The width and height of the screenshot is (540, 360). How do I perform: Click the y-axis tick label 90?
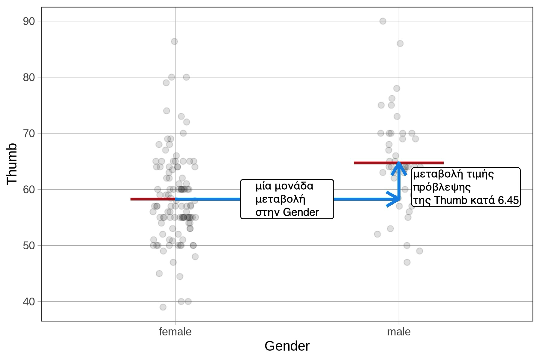pyautogui.click(x=29, y=21)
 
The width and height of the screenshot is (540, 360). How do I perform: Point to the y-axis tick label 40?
pyautogui.click(x=29, y=301)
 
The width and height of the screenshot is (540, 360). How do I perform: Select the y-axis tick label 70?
pyautogui.click(x=29, y=133)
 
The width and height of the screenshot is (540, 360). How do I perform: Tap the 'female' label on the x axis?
pyautogui.click(x=175, y=332)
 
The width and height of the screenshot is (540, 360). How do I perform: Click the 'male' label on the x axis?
pyautogui.click(x=399, y=332)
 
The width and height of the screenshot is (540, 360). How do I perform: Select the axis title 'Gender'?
pyautogui.click(x=287, y=346)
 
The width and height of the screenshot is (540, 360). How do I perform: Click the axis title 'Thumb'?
pyautogui.click(x=12, y=164)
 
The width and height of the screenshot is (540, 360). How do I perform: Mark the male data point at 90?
pyautogui.click(x=383, y=21)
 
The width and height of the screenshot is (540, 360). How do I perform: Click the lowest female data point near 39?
pyautogui.click(x=163, y=307)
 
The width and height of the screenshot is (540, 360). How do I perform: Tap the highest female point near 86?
pyautogui.click(x=174, y=41)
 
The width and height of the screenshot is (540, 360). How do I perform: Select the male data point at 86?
pyautogui.click(x=400, y=43)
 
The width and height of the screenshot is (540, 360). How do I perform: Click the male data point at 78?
pyautogui.click(x=397, y=88)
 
